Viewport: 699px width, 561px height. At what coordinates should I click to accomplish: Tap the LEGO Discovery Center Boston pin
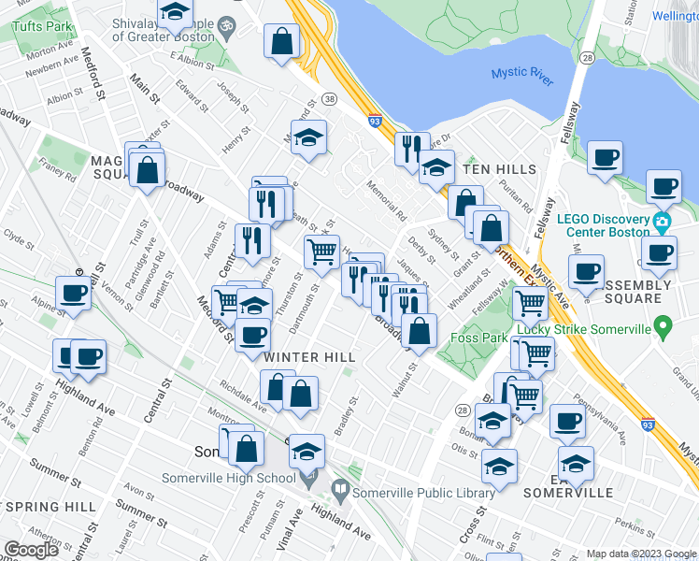pyautogui.click(x=663, y=224)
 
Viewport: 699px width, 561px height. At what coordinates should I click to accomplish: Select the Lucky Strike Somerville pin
pyautogui.click(x=663, y=328)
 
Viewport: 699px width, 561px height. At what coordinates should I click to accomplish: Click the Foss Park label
pyautogui.click(x=478, y=338)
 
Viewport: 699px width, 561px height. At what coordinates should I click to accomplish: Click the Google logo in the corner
pyautogui.click(x=31, y=550)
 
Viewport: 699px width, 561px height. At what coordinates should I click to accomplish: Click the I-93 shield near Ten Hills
pyautogui.click(x=375, y=121)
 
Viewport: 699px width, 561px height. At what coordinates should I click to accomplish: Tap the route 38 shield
pyautogui.click(x=329, y=98)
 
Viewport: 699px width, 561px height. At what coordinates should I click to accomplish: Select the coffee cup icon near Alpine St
pyautogui.click(x=74, y=292)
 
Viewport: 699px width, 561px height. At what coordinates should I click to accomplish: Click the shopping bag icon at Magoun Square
pyautogui.click(x=148, y=170)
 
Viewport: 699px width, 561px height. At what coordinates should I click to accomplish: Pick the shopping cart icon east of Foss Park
pyautogui.click(x=530, y=301)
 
